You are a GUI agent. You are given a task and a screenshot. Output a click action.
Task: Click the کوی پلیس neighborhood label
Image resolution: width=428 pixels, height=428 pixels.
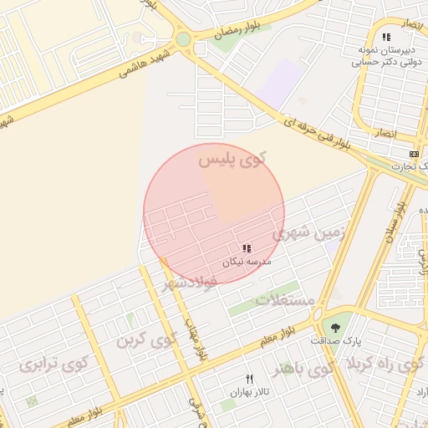coord(238,159)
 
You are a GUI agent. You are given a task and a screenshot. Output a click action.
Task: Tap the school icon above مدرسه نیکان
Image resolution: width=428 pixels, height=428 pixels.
coord(246,248)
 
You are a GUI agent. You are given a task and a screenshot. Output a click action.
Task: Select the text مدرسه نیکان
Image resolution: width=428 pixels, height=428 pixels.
coord(246,262)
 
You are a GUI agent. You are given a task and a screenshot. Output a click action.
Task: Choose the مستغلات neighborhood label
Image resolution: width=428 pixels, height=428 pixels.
coord(284,298)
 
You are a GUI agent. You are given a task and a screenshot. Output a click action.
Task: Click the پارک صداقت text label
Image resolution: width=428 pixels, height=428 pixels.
coord(336,341)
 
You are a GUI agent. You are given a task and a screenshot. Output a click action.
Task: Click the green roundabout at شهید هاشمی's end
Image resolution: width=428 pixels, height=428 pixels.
coord(183,39)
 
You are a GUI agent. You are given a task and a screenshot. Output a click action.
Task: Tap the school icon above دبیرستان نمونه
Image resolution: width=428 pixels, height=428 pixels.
coord(385,37)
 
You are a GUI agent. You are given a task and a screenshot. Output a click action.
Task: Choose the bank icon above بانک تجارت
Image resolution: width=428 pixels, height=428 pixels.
coord(414,155)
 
